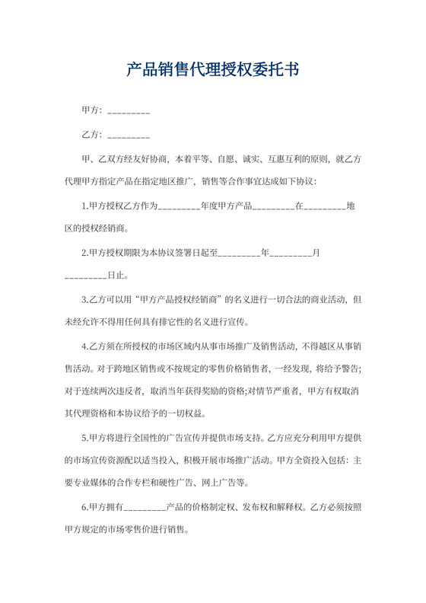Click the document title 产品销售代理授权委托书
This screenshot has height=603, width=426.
213,70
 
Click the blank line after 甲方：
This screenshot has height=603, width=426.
129,112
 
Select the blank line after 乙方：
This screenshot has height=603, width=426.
129,136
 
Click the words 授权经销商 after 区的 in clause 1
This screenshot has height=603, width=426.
106,228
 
